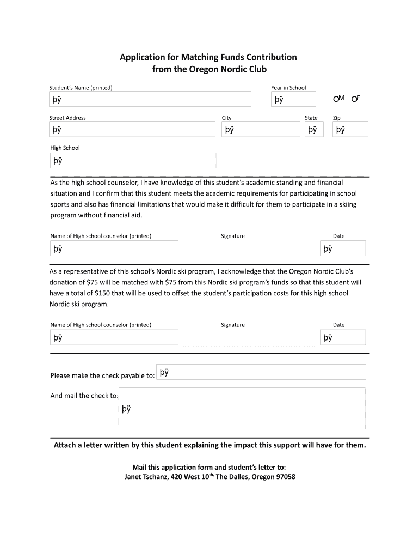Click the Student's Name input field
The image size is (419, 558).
coord(150,99)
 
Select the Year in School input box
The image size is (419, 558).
coord(293,99)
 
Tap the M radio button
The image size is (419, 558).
coord(336,99)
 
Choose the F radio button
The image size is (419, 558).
coord(354,99)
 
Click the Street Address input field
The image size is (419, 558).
coord(133,130)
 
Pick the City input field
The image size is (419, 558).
coord(261,130)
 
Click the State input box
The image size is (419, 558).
coord(314,130)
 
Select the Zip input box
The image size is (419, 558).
coord(350,130)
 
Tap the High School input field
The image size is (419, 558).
coord(133,161)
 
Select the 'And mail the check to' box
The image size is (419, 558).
coord(243,409)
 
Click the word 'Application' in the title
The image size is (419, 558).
coord(143,57)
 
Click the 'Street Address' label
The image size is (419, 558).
coord(68,118)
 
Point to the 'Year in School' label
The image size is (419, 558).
coord(289,88)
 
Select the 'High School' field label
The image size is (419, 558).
coord(65,148)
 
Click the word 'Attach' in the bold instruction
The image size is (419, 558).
coord(66,445)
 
